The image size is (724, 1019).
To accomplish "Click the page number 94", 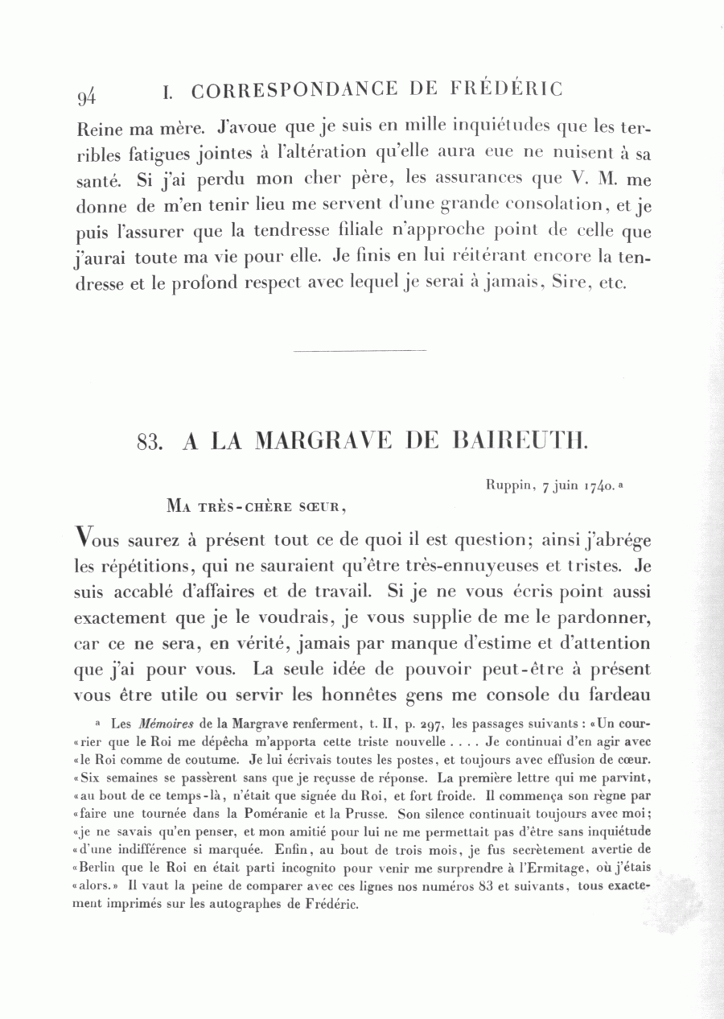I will pyautogui.click(x=87, y=97).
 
